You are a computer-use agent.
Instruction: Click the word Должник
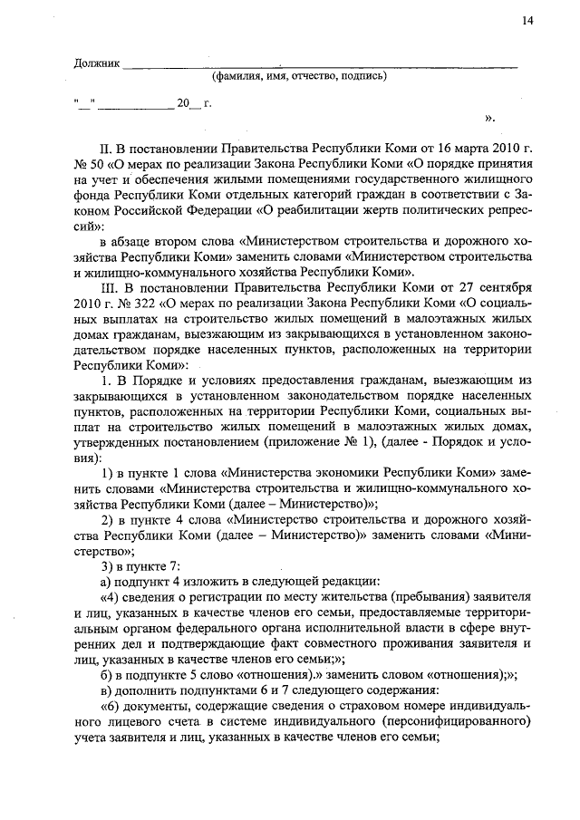coord(95,63)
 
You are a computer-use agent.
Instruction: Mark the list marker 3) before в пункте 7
coord(108,565)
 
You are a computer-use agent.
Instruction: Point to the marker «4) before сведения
coord(110,597)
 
